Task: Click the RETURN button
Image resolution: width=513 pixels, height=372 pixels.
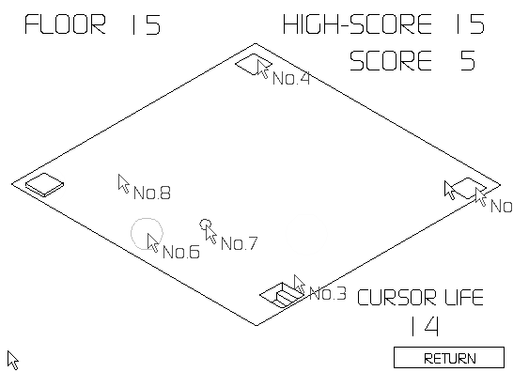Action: click(449, 358)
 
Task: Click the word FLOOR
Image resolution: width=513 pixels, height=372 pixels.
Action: click(65, 25)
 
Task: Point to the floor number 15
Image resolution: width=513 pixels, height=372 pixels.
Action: click(146, 25)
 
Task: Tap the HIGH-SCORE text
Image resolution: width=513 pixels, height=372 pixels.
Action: click(357, 25)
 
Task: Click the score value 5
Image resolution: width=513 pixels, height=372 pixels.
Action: click(467, 61)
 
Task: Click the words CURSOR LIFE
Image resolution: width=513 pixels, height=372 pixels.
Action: click(420, 299)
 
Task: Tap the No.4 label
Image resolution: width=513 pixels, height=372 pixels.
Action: click(291, 79)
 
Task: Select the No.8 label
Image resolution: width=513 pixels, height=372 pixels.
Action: click(151, 194)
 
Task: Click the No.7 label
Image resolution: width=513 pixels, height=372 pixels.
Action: click(239, 244)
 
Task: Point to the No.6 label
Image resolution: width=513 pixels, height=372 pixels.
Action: click(180, 252)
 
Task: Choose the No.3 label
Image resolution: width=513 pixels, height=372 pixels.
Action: click(327, 294)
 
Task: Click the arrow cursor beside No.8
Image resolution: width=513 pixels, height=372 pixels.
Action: click(123, 182)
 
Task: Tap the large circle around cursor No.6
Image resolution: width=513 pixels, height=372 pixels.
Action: click(146, 233)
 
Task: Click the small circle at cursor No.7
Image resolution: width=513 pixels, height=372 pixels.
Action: click(206, 225)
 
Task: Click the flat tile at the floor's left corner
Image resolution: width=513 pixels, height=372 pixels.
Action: click(44, 184)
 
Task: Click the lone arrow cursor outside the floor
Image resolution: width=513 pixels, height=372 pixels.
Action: click(12, 359)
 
